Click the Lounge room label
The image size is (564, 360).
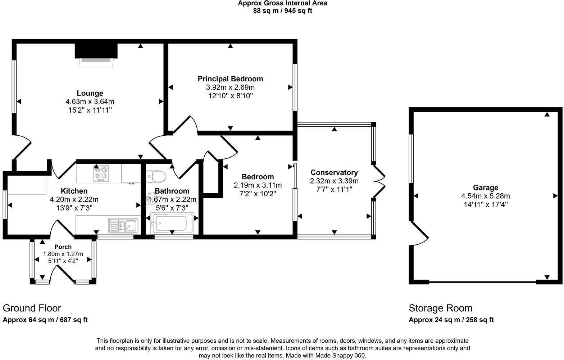coord(90,93)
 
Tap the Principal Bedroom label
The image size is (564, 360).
coord(230,79)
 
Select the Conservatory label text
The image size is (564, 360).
coord(334,172)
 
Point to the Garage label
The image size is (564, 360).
coord(486,188)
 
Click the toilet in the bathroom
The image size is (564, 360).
coord(156,176)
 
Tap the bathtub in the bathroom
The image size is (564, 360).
coord(172,223)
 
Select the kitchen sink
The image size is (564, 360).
coord(123,225)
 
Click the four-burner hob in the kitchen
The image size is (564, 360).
coord(101,173)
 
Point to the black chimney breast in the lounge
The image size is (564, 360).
coord(96,51)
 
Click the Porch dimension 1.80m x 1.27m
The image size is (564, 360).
coord(63,254)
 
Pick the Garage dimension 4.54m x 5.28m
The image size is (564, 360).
coord(486,196)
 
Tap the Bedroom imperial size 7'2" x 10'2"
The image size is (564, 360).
coord(258,194)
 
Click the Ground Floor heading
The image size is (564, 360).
coord(32,308)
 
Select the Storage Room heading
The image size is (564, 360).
coord(440,308)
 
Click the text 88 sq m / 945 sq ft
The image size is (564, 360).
coord(282,11)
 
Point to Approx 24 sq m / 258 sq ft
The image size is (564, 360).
coord(451,320)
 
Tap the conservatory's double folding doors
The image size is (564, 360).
coord(379,181)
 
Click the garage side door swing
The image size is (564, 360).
coord(419,233)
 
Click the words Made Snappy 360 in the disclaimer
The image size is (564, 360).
coord(340,355)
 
